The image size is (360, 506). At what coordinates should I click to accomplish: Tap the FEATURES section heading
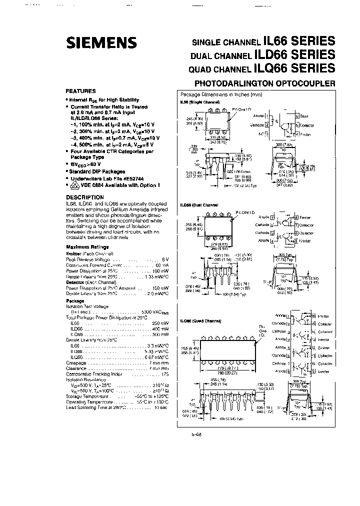coord(80,91)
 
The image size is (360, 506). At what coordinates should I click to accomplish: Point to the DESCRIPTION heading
coord(84,197)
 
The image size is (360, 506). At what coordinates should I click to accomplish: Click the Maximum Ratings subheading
coord(87,247)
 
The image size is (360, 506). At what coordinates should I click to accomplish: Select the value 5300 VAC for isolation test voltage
coord(152,311)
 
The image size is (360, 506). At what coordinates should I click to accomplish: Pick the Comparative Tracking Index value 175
coord(164,373)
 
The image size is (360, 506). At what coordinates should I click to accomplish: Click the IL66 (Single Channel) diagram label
coord(199,101)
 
